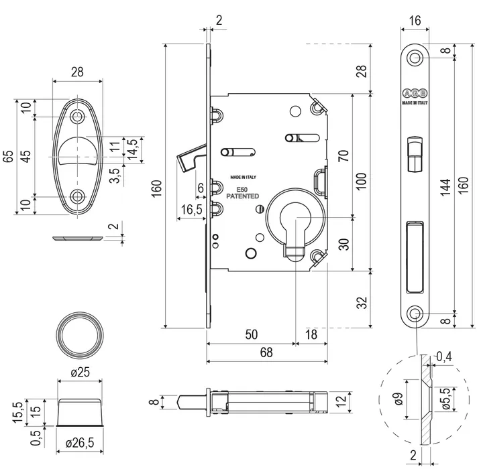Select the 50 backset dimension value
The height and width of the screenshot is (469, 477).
[252, 334]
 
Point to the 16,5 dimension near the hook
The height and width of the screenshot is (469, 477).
[191, 210]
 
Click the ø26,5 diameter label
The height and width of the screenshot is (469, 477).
[81, 443]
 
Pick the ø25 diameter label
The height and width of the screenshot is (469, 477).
[81, 373]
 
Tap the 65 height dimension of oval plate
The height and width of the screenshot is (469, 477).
[9, 157]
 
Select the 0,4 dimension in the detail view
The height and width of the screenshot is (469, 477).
[443, 357]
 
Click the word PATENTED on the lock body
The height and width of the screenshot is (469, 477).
[243, 196]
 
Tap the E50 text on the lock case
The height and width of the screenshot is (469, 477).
[242, 190]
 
